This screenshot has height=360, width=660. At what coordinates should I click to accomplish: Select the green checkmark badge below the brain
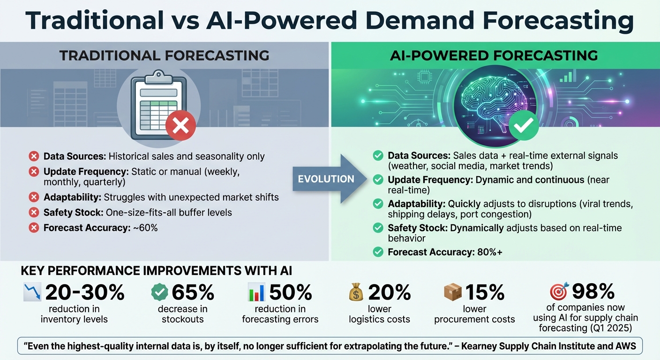pyautogui.click(x=524, y=124)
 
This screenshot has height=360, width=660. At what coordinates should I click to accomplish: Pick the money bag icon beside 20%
pyautogui.click(x=356, y=292)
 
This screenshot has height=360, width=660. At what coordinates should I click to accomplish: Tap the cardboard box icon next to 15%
pyautogui.click(x=453, y=292)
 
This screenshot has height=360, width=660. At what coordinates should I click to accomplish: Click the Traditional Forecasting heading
pyautogui.click(x=164, y=56)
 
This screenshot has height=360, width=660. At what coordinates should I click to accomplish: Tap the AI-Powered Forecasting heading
pyautogui.click(x=494, y=56)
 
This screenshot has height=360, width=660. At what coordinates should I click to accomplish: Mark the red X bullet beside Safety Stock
pyautogui.click(x=34, y=213)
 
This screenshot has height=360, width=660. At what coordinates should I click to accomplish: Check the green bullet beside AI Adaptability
pyautogui.click(x=378, y=204)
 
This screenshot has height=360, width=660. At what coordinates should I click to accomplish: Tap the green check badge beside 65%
pyautogui.click(x=159, y=292)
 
